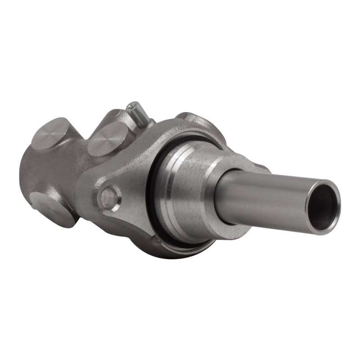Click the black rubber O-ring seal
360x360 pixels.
click(x=155, y=189)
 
